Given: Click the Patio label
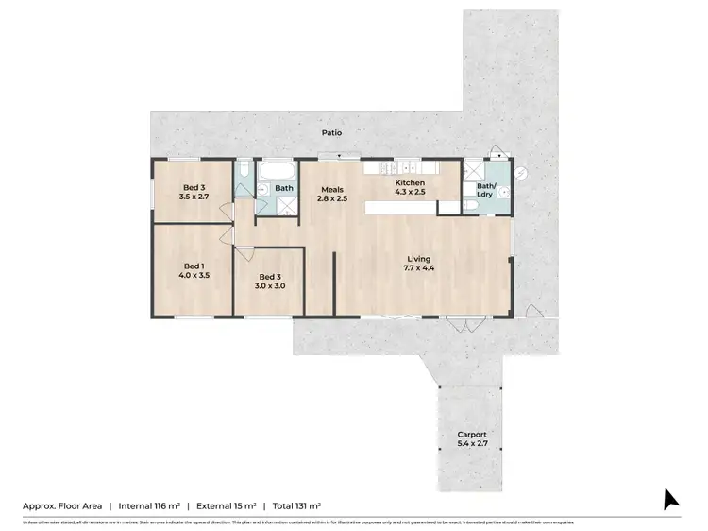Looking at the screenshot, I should point(330,133).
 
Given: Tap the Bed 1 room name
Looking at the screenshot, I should point(194,265).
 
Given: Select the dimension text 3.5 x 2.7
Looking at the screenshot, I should point(194,197).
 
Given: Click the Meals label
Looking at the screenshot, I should point(331,188).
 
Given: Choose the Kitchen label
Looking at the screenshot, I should point(410,182).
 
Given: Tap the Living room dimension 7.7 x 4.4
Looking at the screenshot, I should point(420,268).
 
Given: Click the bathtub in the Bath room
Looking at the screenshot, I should point(278,172).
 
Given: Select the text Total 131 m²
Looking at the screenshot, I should point(293,506).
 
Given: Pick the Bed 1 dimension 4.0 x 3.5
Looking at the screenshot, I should point(194,275).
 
